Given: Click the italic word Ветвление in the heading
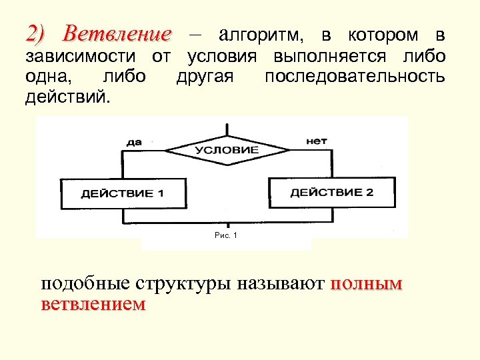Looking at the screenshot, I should [118, 34].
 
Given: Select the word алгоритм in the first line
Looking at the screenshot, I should [257, 34].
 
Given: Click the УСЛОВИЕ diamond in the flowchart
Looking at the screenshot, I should [227, 150].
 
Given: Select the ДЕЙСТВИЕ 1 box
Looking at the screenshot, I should [123, 194].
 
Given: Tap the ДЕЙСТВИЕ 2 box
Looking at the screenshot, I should [332, 193].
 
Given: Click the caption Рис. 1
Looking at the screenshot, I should [227, 235].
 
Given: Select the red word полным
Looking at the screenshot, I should [366, 284].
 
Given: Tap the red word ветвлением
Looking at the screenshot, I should [93, 305].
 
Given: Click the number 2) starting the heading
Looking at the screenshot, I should [35, 34].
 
